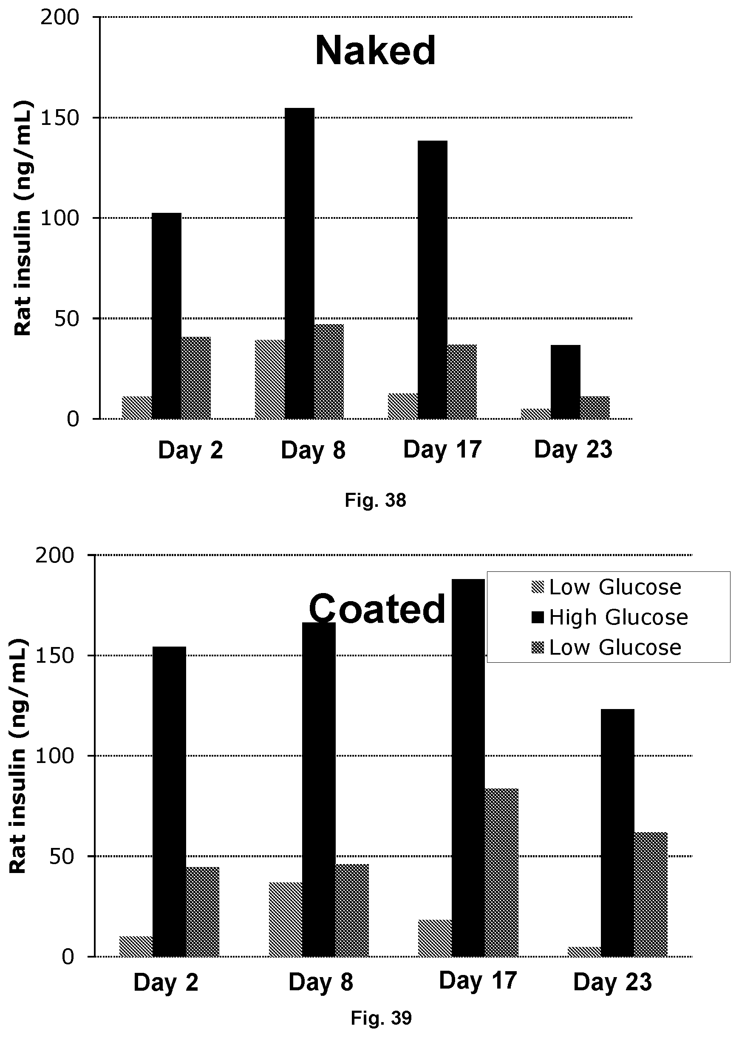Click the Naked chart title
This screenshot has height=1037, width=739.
375,51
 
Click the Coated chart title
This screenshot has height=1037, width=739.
377,609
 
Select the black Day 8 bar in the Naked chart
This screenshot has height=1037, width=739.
300,263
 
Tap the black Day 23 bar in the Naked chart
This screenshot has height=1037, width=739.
566,381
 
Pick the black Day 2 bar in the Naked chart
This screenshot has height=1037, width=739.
167,316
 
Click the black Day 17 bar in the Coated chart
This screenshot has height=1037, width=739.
468,767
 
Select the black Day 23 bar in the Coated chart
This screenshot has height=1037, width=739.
617,832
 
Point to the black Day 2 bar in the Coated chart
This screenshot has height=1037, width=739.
169,801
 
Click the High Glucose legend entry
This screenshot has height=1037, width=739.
610,617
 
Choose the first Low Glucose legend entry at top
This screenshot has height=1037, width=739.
606,587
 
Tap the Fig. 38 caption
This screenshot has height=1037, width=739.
375,500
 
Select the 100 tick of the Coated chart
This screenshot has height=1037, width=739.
54,756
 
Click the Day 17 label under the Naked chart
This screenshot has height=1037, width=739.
442,449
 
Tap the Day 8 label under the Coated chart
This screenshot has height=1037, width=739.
321,982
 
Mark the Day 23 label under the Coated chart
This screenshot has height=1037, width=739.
612,982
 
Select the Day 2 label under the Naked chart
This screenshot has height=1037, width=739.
191,450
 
